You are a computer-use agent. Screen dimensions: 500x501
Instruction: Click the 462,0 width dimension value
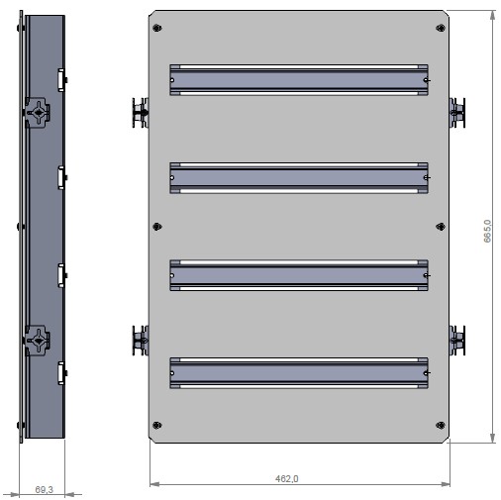[x=288, y=478]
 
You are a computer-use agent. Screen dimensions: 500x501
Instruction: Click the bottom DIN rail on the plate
[x=299, y=371]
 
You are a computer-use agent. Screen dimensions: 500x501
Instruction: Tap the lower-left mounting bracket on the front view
[x=138, y=340]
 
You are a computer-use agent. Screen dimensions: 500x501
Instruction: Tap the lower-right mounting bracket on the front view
[x=458, y=340]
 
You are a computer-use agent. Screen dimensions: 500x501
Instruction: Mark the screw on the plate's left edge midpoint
[x=155, y=227]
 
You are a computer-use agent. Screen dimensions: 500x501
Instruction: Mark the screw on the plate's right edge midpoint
[x=441, y=227]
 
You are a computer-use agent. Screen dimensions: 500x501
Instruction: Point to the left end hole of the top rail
[x=173, y=80]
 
